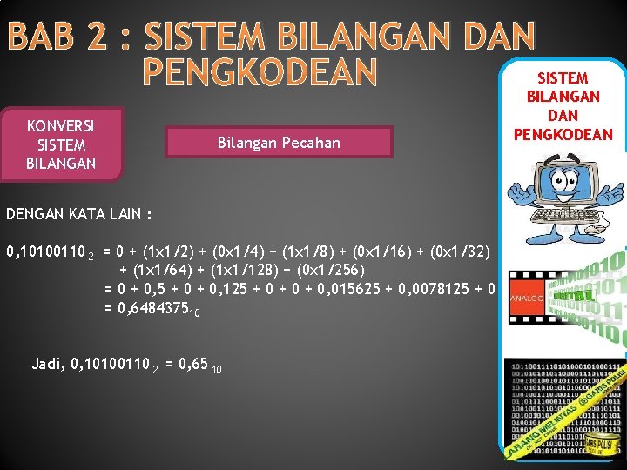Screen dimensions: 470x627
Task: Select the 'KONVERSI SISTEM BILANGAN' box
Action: (61, 144)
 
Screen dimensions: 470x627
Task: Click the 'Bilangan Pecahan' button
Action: (279, 142)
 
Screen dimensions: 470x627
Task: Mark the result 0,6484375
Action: (153, 307)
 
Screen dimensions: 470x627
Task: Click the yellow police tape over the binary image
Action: (567, 418)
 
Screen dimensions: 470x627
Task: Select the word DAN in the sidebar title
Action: (563, 115)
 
